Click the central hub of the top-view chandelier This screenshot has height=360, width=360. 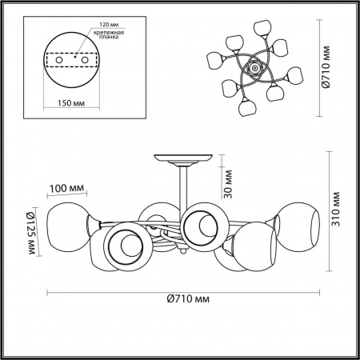point(255,70)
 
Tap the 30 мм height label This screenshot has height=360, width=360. point(227,184)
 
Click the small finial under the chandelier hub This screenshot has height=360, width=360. point(183,253)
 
